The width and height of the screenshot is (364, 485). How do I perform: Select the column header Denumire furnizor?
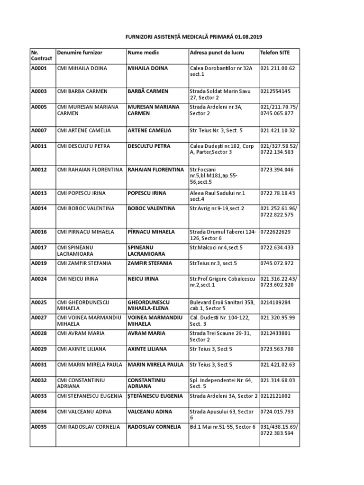click(x=79, y=52)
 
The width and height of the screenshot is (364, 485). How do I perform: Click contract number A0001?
click(x=39, y=68)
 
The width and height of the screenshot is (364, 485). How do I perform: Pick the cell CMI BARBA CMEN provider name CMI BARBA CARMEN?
click(x=82, y=91)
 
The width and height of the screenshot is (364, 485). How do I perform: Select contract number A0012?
click(x=39, y=170)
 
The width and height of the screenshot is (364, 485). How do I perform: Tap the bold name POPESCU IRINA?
click(x=146, y=193)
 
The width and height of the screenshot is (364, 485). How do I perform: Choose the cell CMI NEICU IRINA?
click(x=77, y=279)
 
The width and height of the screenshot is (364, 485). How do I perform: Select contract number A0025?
click(x=39, y=302)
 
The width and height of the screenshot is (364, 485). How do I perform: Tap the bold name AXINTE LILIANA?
click(x=147, y=349)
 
